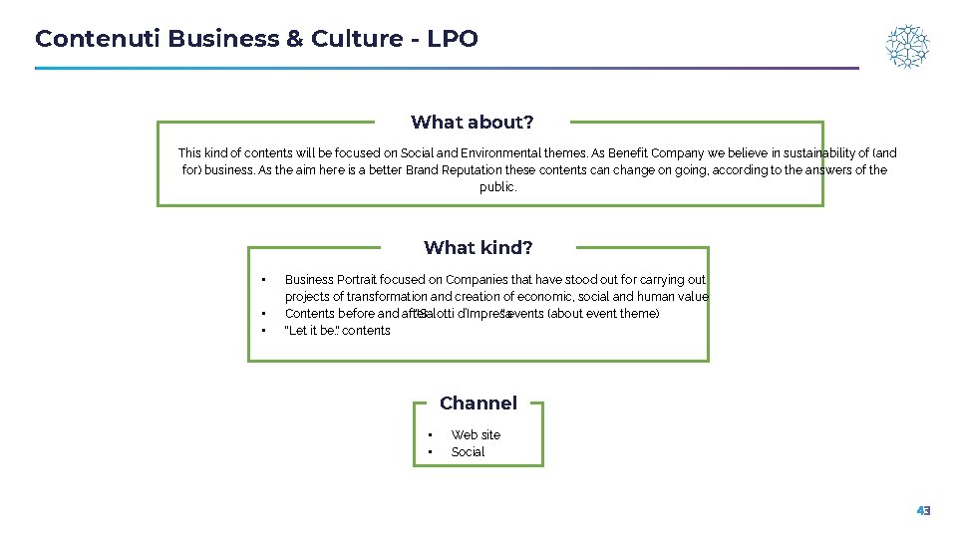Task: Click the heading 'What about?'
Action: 472,123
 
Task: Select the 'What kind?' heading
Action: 478,248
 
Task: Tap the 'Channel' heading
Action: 478,403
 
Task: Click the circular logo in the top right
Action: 907,47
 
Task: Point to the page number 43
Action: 923,511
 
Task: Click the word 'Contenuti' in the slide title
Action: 98,39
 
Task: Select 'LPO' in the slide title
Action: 453,39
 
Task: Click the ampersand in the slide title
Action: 294,39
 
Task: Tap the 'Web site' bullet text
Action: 476,435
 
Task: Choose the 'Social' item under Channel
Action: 468,452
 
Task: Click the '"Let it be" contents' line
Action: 337,331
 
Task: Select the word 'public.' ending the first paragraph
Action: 497,187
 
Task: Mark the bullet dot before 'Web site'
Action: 430,435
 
